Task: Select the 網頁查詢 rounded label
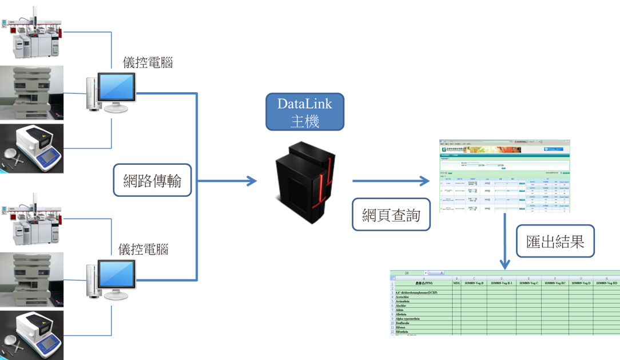pos(391,215)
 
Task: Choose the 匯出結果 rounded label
pos(555,241)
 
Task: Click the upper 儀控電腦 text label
pos(148,62)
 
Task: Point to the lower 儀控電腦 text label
pos(143,250)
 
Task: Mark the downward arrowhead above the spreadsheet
pos(504,264)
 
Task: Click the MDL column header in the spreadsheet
pos(456,283)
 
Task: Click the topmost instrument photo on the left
pos(32,32)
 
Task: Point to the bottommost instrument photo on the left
pos(32,334)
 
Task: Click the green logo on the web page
pos(443,148)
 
